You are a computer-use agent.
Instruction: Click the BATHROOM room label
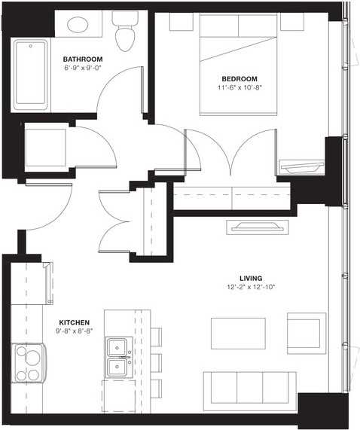[x=82, y=58]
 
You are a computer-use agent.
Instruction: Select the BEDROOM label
[x=239, y=78]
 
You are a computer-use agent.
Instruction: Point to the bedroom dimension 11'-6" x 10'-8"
[x=239, y=87]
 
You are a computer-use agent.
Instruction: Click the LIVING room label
[x=252, y=278]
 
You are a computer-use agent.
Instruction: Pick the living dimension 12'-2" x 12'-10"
[x=252, y=287]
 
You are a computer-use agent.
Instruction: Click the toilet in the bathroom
[x=124, y=31]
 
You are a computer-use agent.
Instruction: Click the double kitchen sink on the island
[x=117, y=357]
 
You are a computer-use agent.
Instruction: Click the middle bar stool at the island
[x=156, y=360]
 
